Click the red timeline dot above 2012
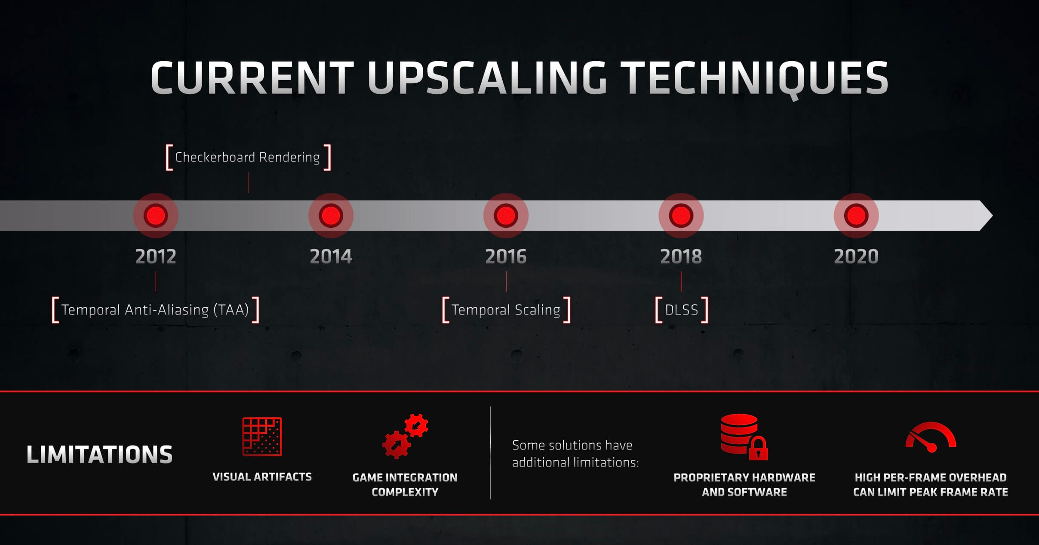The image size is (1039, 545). pos(156,215)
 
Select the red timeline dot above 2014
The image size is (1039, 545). pos(331,215)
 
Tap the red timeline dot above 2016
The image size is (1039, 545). pos(506,215)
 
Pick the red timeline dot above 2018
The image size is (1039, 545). pos(681,215)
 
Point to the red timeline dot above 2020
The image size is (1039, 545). pos(856,215)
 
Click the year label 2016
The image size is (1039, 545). pos(506,257)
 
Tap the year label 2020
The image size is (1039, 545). pos(856,257)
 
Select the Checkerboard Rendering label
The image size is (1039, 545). pos(248,158)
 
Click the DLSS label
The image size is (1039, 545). pos(682,310)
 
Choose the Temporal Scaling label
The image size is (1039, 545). pos(506,310)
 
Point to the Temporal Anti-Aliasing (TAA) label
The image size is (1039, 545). pos(155,310)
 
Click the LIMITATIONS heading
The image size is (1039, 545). pos(99,455)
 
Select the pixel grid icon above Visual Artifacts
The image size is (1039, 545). pos(262,437)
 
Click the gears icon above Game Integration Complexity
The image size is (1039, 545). pos(405,436)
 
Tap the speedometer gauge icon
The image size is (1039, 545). pos(931,437)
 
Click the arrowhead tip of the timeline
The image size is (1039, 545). pos(993,215)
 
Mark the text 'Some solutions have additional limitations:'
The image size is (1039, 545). pos(575,454)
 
